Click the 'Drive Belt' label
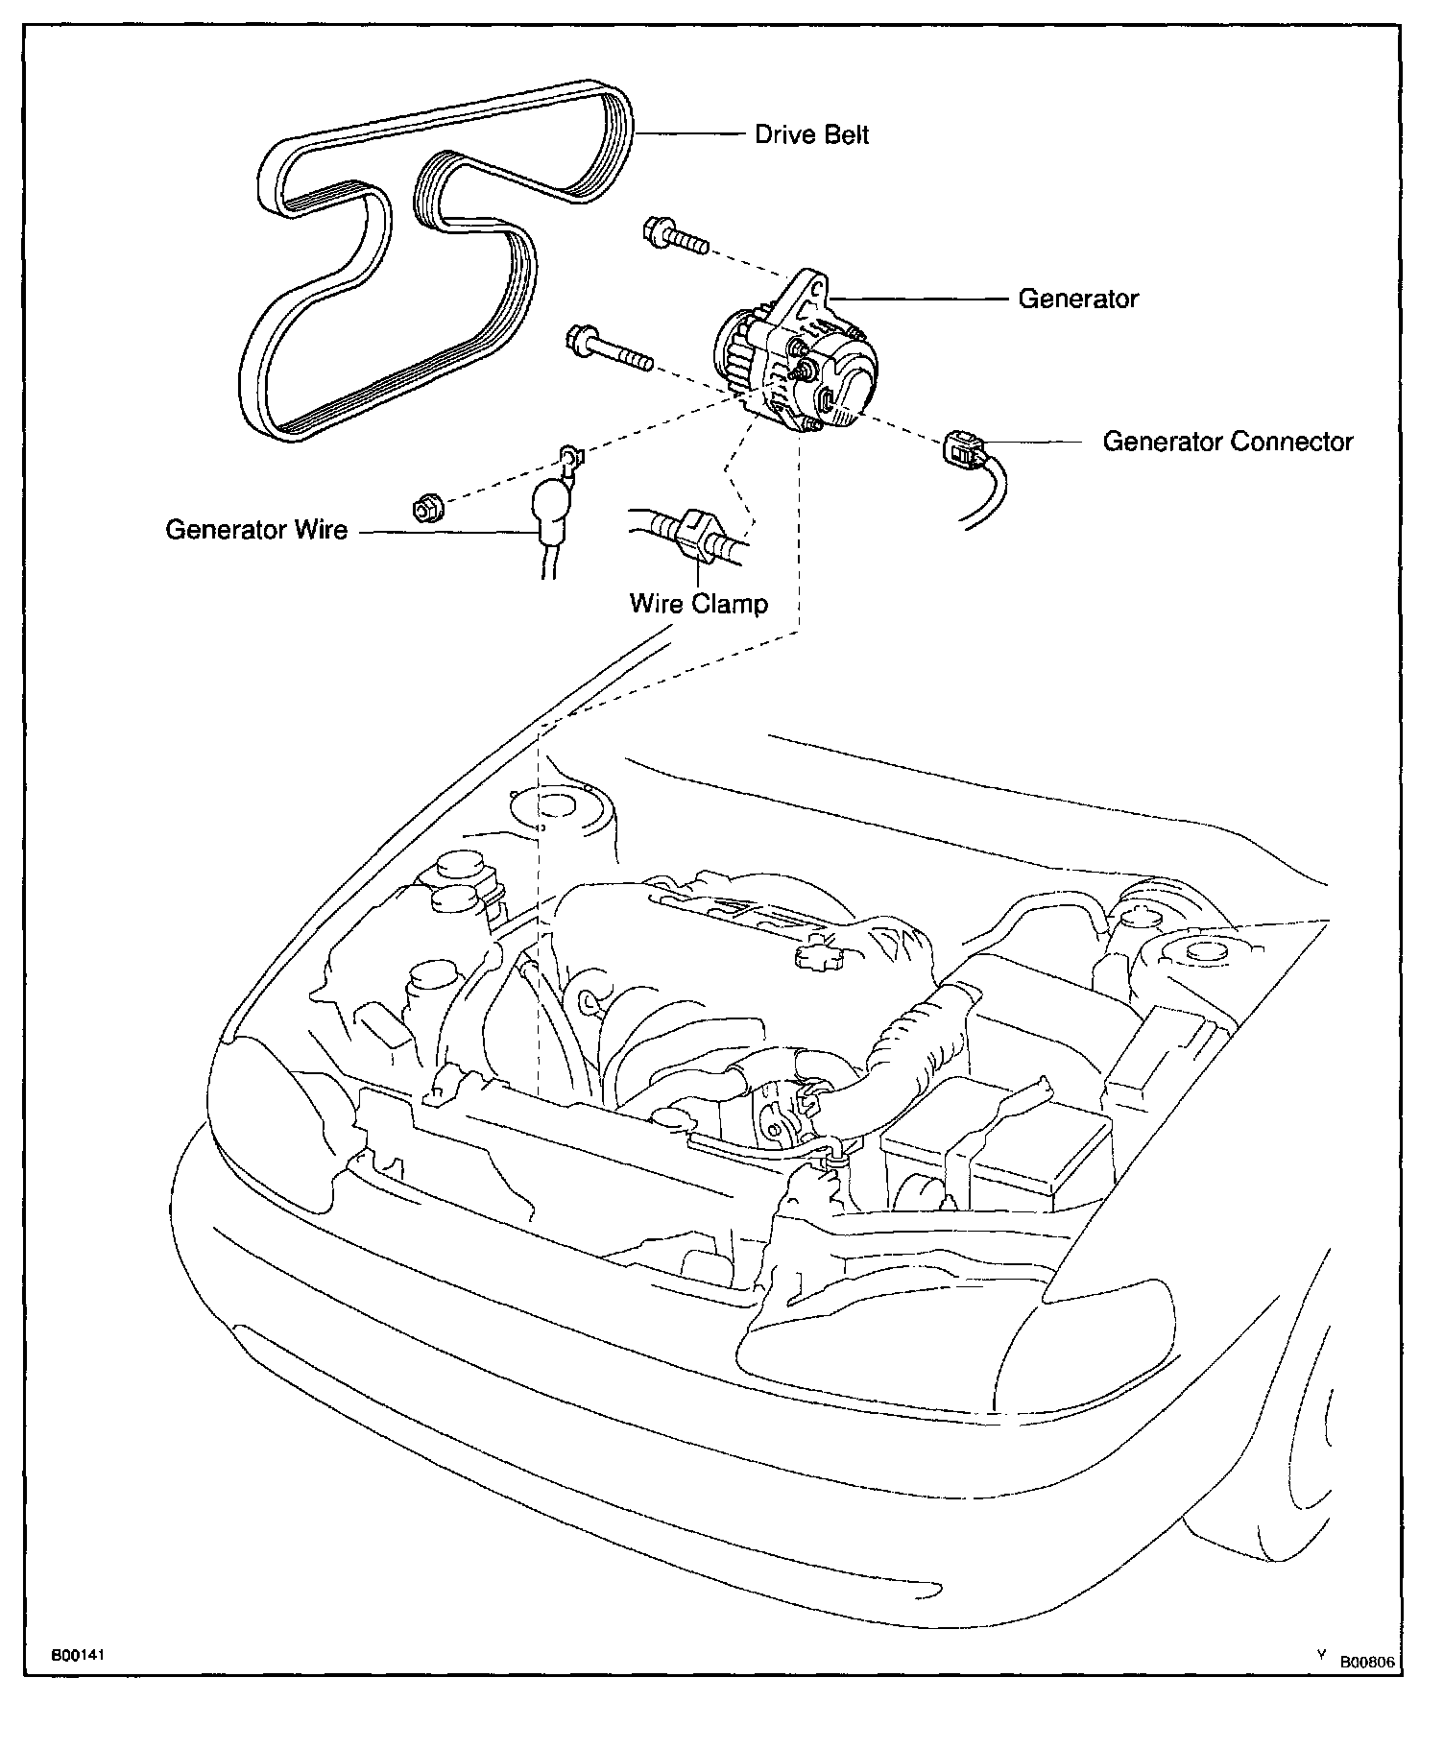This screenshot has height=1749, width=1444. (x=811, y=134)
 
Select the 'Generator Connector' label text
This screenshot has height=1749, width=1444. (x=1227, y=442)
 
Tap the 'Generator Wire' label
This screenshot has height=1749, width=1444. (x=256, y=530)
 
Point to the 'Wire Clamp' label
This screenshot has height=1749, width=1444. (x=698, y=604)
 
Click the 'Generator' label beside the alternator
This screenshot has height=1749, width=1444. (x=1077, y=299)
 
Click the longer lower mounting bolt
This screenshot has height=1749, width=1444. (x=610, y=349)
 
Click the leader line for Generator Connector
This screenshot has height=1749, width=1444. (x=1042, y=443)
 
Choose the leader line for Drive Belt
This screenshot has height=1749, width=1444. (x=691, y=133)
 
